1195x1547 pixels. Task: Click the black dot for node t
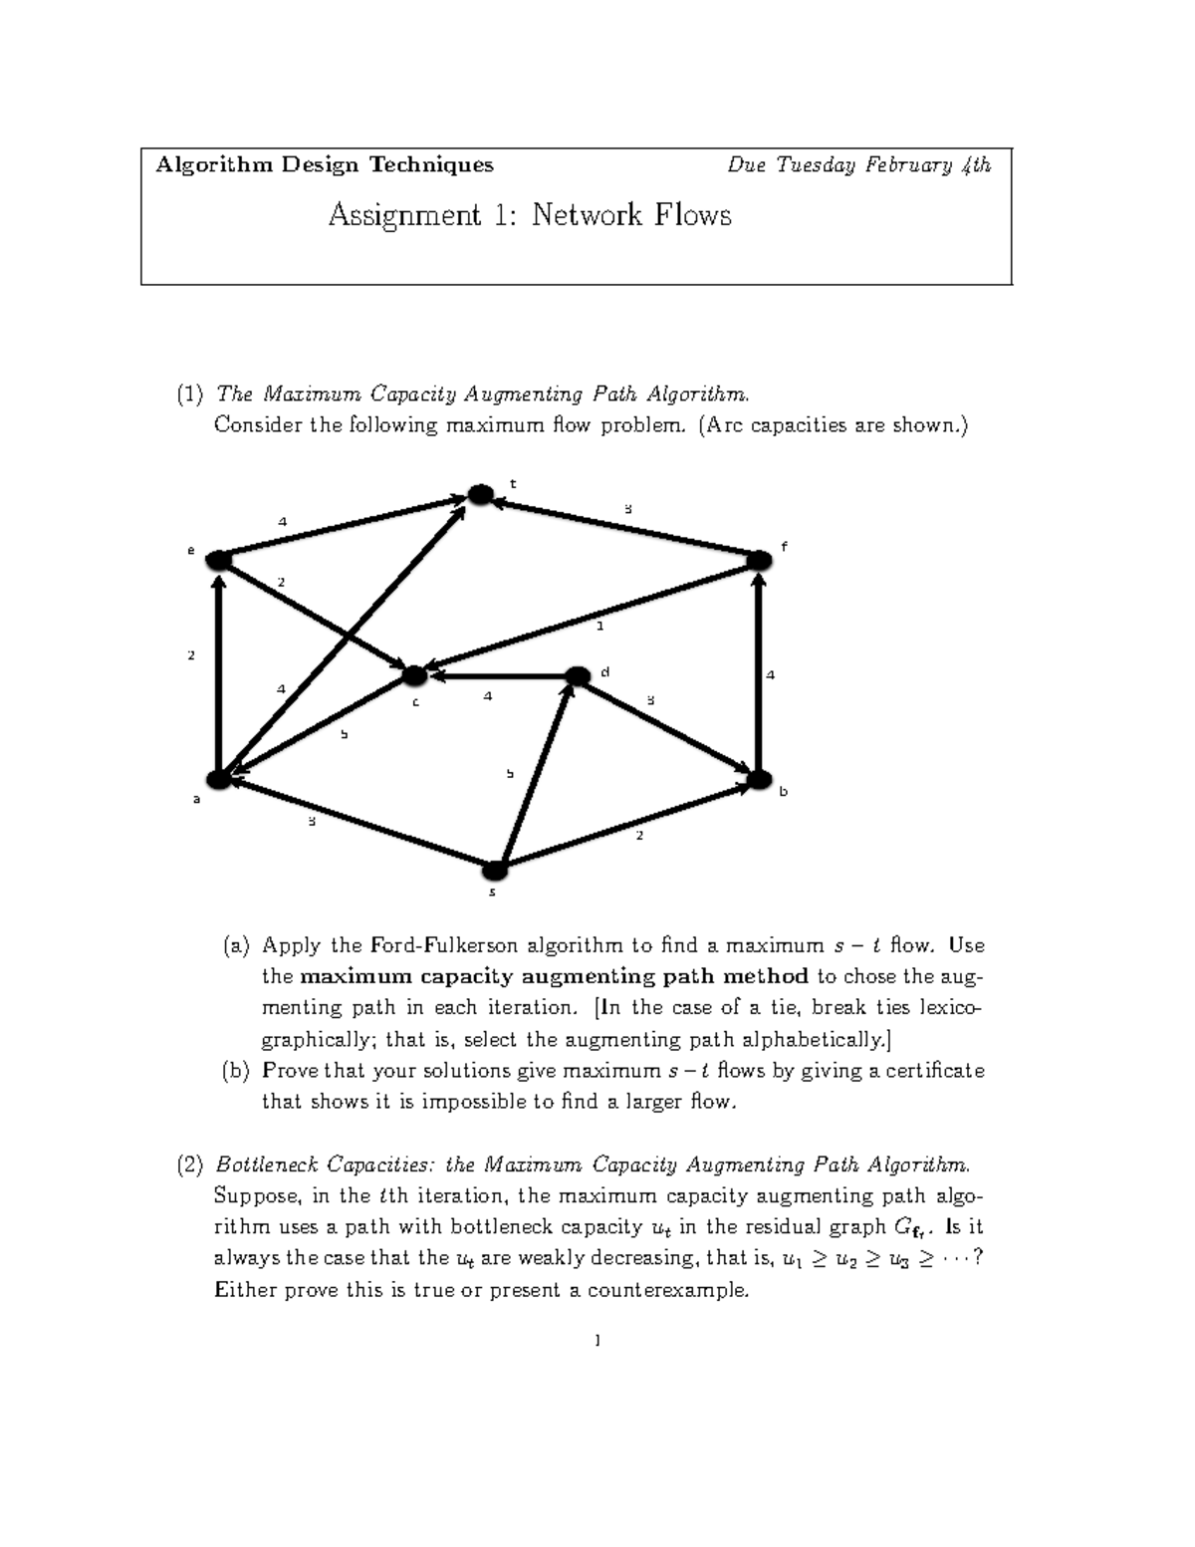tap(481, 494)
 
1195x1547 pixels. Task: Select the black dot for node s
tap(495, 871)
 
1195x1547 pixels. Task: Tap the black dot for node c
tap(414, 675)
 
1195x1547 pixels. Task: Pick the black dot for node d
tap(578, 676)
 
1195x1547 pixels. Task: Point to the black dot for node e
tap(219, 561)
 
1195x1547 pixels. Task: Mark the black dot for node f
tap(759, 560)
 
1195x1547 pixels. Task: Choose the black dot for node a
tap(218, 778)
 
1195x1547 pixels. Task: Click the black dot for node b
tap(760, 777)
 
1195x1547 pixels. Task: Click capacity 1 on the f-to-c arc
tap(599, 627)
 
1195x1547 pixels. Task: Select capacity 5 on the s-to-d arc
tap(510, 773)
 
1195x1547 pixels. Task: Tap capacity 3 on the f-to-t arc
tap(627, 509)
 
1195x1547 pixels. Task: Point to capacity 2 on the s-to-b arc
tap(639, 836)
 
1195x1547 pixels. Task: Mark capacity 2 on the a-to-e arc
tap(191, 655)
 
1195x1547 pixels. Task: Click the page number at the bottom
tap(597, 1341)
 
